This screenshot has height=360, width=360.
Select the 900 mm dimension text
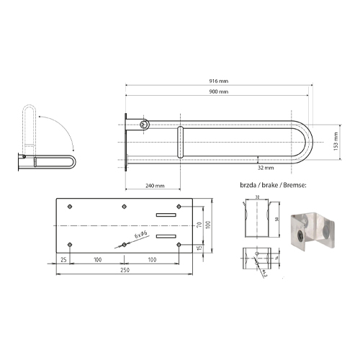(220, 93)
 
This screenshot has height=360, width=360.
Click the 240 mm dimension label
(155, 185)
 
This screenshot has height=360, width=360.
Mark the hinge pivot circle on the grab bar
(145, 125)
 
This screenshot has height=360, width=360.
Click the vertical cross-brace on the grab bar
(181, 143)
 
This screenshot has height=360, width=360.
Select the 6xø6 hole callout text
(140, 236)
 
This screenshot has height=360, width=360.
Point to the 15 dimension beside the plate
(199, 248)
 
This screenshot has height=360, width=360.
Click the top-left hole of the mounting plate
(69, 207)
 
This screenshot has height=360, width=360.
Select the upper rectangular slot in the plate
(166, 215)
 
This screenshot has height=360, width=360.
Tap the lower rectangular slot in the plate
(166, 236)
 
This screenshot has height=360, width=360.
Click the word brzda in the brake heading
(248, 186)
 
